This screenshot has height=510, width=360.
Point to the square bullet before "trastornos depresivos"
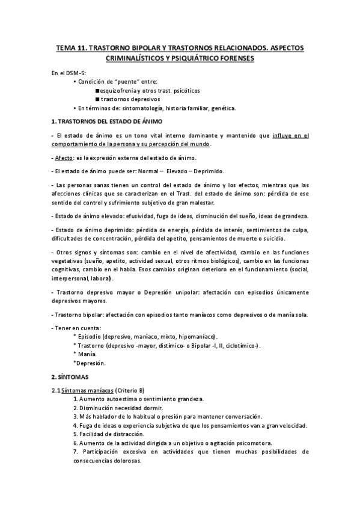[x=97, y=99]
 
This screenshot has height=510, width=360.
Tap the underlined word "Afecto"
[x=63, y=158]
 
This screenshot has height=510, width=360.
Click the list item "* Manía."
[x=85, y=355]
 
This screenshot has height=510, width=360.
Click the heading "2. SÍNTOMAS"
[x=70, y=377]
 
